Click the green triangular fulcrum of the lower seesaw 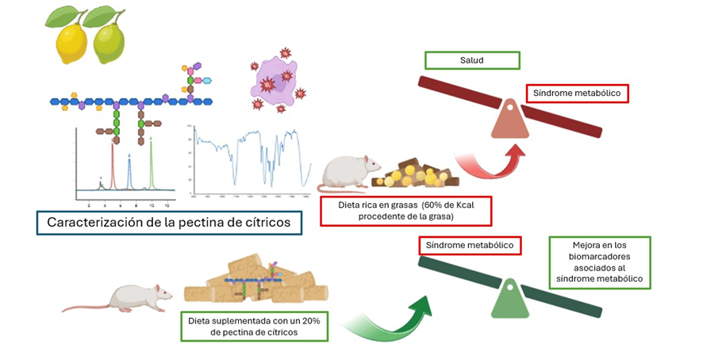coord(511,300)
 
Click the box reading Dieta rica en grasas coord(405,210)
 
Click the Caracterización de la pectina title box coord(175,223)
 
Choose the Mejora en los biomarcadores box coord(600,262)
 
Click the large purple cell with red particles coord(273,79)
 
